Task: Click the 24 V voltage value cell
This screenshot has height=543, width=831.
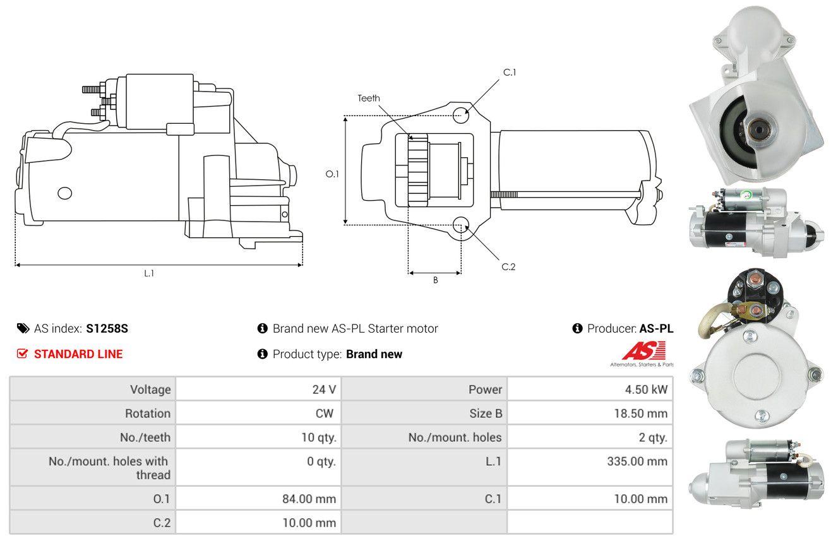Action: tap(324, 390)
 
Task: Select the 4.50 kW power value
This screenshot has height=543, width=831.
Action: tap(646, 390)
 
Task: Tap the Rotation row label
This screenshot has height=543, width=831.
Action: tap(148, 413)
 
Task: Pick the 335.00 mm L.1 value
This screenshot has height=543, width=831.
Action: tap(637, 462)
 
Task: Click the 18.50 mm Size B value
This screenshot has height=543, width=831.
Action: tap(641, 413)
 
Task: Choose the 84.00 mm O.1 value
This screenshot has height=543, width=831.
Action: tap(309, 499)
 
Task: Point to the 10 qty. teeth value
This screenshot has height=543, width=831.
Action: tap(319, 438)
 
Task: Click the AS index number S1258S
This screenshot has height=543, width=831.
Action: tap(107, 328)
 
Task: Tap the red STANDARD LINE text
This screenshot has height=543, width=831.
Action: tap(78, 354)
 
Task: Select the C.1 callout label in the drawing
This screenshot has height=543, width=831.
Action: tap(510, 73)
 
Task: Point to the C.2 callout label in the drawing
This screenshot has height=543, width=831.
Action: tap(508, 266)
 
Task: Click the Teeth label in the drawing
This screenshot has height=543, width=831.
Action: tap(368, 98)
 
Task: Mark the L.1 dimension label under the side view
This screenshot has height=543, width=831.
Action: tap(149, 273)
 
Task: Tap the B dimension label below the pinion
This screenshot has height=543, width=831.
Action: tap(436, 280)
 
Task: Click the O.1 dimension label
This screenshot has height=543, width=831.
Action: tap(332, 174)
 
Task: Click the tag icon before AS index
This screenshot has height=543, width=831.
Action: tap(23, 328)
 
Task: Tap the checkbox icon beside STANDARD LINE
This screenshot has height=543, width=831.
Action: tap(22, 354)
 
